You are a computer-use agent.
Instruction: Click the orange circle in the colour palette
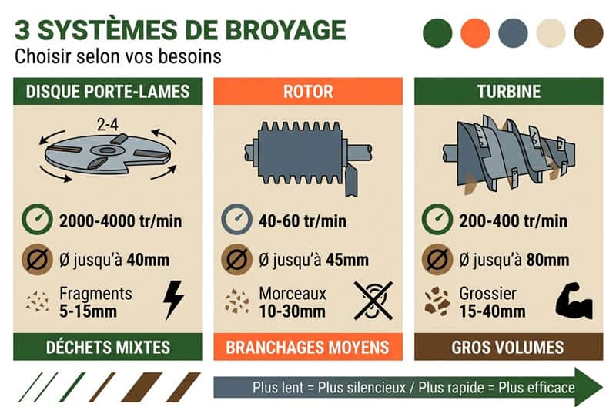coord(475,32)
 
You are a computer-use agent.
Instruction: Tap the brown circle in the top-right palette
coord(589,32)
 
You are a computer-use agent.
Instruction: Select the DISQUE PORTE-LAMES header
coord(108,92)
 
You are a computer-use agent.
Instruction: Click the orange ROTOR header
coord(308,92)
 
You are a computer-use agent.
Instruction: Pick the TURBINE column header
coord(508,92)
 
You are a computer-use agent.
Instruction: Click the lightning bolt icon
coord(173,300)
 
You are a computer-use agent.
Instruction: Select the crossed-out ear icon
coord(373,300)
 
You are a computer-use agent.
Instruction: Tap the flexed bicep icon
coord(574,301)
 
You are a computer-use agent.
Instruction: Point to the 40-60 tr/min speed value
coord(303,221)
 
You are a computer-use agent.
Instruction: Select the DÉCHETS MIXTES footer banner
coord(108,347)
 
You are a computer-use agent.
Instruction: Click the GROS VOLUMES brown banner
coord(508,347)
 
